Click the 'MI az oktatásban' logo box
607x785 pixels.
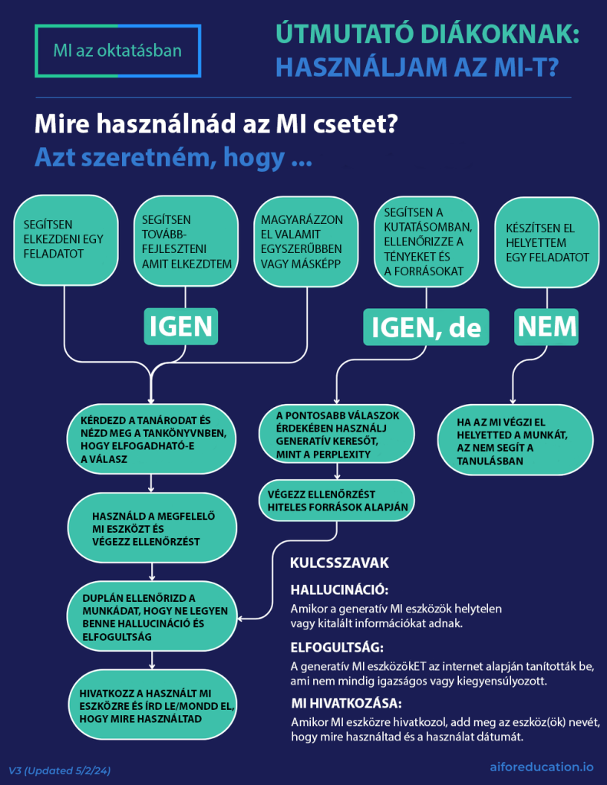tap(117, 51)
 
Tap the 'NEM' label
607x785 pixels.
tap(546, 327)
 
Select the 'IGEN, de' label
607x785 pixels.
tap(426, 327)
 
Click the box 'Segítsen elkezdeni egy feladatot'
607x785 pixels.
tap(65, 240)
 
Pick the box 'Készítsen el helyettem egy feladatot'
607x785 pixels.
tap(547, 242)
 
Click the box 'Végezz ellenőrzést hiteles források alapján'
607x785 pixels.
tap(338, 500)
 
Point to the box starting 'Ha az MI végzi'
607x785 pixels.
tap(511, 441)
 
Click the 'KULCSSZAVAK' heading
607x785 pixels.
tap(339, 563)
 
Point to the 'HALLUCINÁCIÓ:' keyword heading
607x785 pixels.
tap(339, 590)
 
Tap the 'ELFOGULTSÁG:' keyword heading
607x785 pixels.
tap(337, 646)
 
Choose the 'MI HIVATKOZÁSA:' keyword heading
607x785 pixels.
tap(345, 703)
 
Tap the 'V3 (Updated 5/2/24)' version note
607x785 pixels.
tap(60, 769)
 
